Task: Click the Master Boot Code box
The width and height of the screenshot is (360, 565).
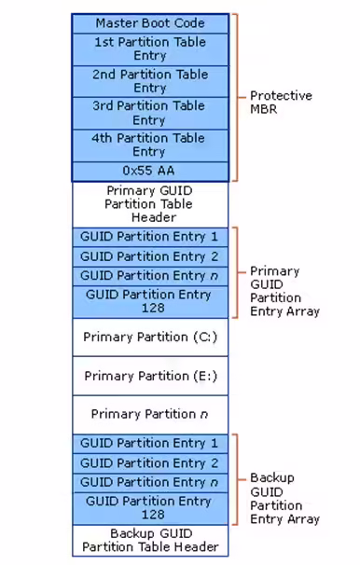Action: pos(150,24)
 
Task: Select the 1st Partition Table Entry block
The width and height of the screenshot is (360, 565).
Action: pos(150,49)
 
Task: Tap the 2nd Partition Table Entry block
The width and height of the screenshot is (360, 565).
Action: pos(150,81)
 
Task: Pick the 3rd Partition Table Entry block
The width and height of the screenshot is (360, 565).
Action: pos(150,113)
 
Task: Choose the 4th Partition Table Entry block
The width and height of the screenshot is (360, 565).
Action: pos(150,145)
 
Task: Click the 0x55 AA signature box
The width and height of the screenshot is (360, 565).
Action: pos(150,172)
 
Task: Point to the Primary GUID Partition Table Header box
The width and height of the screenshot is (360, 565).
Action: pos(150,204)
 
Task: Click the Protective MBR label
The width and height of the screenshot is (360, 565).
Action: pos(281,102)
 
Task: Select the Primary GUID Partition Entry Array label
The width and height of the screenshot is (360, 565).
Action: pos(284,291)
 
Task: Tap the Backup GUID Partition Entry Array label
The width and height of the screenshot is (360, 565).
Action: pos(284,499)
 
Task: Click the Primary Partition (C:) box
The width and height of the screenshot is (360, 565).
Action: pos(150,338)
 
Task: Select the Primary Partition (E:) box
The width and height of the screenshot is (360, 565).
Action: pos(150,376)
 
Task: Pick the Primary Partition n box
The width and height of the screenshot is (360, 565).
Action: pos(150,414)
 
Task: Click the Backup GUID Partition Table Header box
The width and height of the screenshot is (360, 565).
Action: pos(150,541)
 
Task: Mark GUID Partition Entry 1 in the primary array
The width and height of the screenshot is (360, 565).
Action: pos(150,237)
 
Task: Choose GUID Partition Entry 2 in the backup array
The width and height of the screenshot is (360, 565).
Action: pos(150,463)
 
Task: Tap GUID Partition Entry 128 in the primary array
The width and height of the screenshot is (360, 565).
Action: pos(150,302)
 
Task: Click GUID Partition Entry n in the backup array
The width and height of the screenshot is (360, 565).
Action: pos(150,483)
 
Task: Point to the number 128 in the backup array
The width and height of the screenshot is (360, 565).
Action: pos(153,515)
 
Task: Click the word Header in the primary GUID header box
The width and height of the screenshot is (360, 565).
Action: pos(154,217)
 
